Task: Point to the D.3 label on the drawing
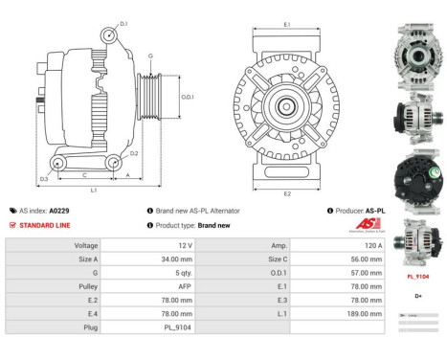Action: point(44,179)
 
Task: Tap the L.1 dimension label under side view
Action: point(93,191)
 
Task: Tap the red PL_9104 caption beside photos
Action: point(419,276)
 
